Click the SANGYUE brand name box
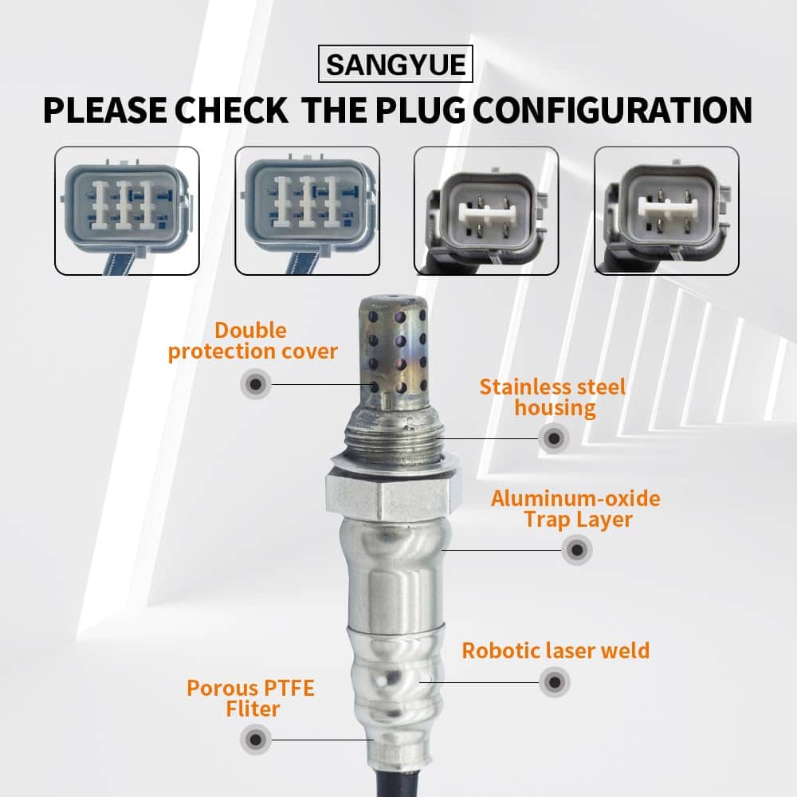click(x=395, y=64)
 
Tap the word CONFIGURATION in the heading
click(x=613, y=110)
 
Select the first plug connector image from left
click(x=127, y=210)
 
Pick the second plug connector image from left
click(x=307, y=210)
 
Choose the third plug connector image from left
click(x=486, y=210)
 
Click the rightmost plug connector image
click(x=666, y=210)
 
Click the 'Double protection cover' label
click(x=253, y=341)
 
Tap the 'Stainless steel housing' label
click(x=553, y=398)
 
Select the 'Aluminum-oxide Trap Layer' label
click(x=576, y=508)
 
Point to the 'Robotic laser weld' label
click(x=556, y=650)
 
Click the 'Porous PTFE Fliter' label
click(x=251, y=698)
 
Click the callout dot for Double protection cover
click(x=256, y=384)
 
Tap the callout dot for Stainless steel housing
click(x=554, y=438)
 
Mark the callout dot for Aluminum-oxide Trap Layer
click(x=577, y=549)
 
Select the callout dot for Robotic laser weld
click(x=555, y=682)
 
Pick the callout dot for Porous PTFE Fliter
click(x=256, y=740)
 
